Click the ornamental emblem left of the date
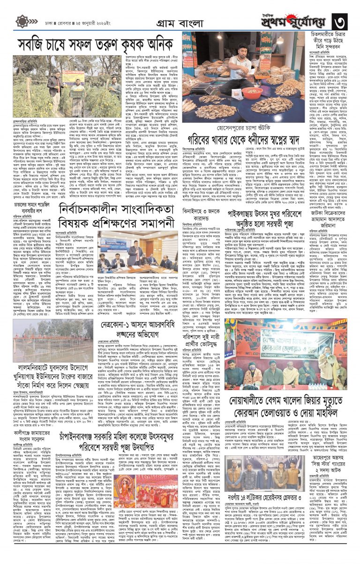tap(22, 22)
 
